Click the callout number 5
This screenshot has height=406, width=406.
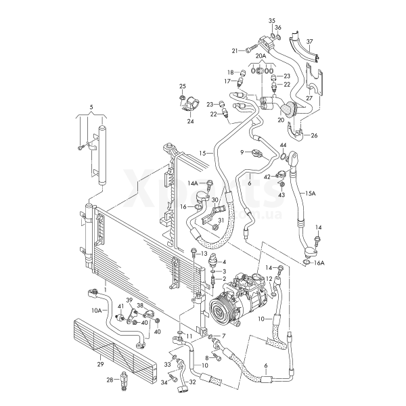[x=91, y=108]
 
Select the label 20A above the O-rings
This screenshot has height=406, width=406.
[x=261, y=57]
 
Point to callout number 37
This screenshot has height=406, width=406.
[x=309, y=41]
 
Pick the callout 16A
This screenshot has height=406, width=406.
[x=319, y=263]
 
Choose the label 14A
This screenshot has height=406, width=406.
[x=193, y=183]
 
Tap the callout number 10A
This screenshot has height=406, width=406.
[x=97, y=311]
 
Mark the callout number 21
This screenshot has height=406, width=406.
[x=235, y=50]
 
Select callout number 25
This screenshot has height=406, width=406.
[x=182, y=86]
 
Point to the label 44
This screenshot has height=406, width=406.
[x=283, y=145]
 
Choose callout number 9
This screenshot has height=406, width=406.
[x=241, y=152]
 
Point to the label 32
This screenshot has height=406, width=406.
[x=193, y=382]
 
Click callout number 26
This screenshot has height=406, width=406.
[x=313, y=135]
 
